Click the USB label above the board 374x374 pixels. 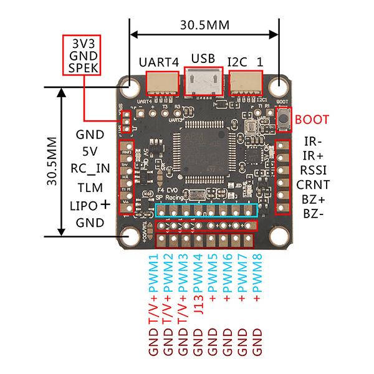[203, 59]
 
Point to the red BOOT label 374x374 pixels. [312, 119]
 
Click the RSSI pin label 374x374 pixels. [312, 169]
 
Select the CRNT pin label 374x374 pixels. [313, 184]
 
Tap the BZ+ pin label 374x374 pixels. [312, 199]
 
